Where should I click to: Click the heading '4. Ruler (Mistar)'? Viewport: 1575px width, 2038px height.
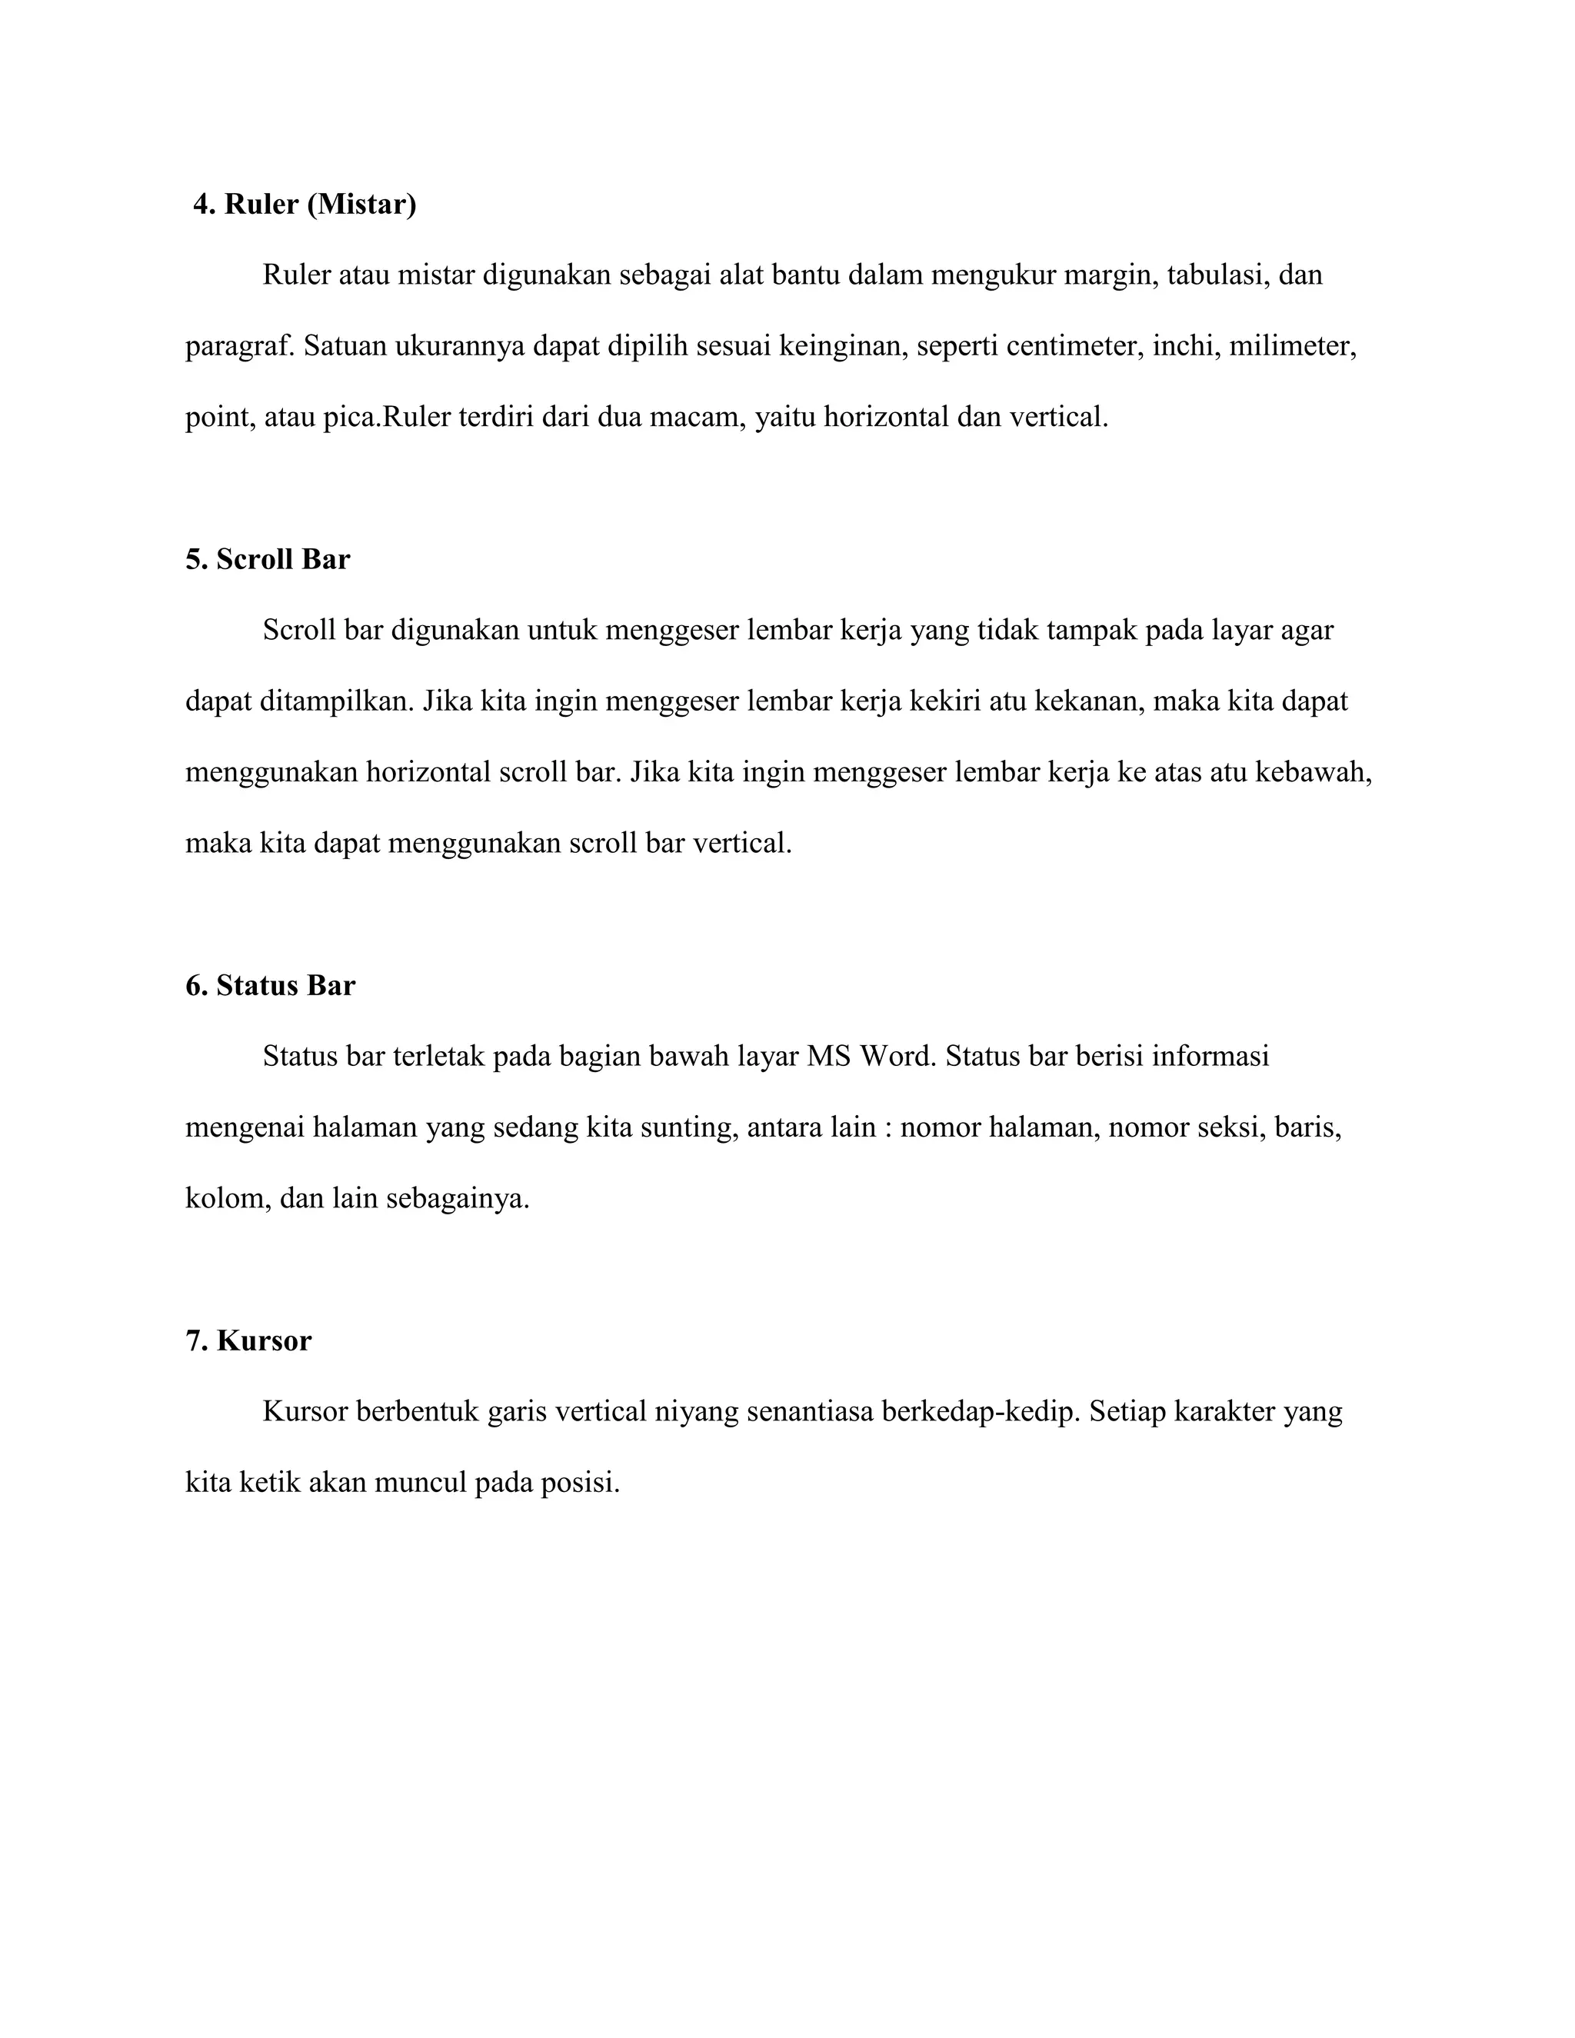pos(305,205)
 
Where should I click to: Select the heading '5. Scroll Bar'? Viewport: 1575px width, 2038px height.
pos(268,560)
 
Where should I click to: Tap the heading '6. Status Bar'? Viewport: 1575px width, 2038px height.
pos(271,987)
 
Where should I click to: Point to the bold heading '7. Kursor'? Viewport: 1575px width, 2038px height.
pos(248,1342)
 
